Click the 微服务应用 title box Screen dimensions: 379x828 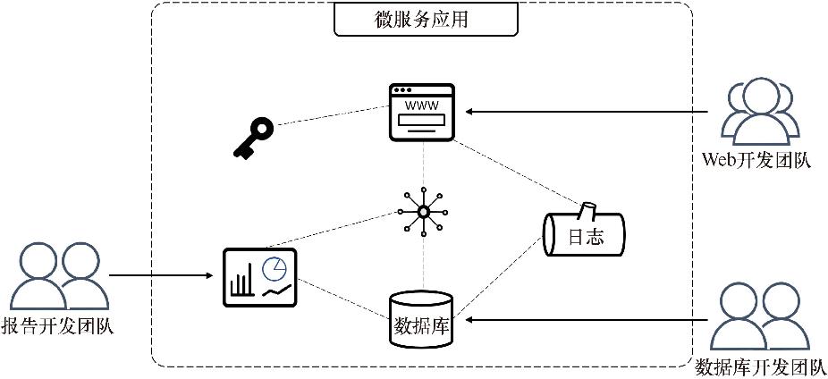pos(425,20)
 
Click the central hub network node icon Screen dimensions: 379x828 pos(423,211)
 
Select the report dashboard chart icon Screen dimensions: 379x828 pos(259,276)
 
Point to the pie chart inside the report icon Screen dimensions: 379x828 pos(275,267)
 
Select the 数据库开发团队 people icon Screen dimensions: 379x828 pos(759,317)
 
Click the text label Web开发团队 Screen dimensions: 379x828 pos(757,161)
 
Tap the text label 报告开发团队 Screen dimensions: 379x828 pos(58,327)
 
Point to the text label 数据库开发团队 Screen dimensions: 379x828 pos(761,367)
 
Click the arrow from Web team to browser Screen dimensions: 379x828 pos(590,112)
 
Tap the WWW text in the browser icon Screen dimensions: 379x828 pos(422,105)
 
